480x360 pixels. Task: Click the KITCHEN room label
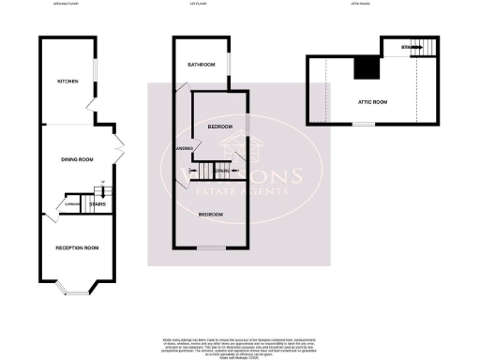(67, 82)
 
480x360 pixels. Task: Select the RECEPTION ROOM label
(79, 247)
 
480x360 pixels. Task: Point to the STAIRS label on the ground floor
(96, 202)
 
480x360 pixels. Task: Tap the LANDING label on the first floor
(185, 147)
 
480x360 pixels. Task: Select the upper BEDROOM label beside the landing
(220, 126)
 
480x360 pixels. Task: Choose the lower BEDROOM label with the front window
(211, 215)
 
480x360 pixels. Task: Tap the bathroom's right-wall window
(227, 65)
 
